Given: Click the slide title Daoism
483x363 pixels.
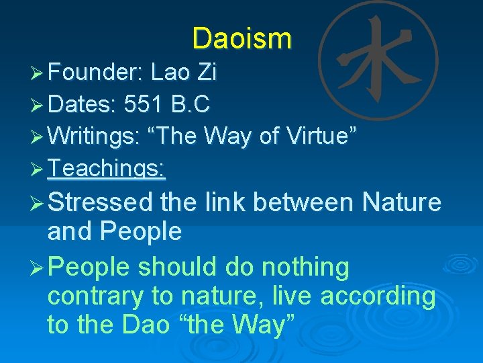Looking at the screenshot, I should pyautogui.click(x=241, y=38).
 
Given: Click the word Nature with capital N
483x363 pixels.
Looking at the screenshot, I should pyautogui.click(x=401, y=202).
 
